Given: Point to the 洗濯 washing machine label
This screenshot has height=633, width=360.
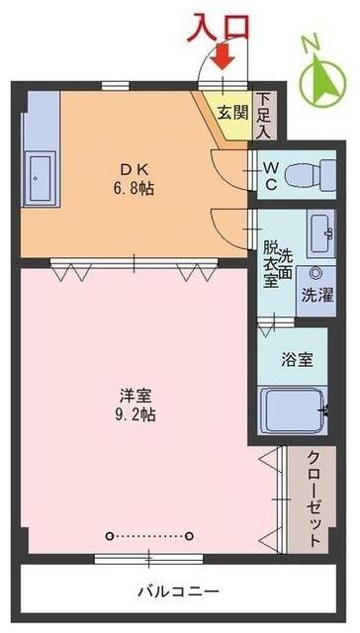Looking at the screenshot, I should click(x=317, y=294).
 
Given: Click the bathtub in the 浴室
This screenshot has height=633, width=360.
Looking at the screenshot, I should click(x=293, y=408).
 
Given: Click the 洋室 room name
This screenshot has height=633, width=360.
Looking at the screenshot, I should click(x=135, y=395).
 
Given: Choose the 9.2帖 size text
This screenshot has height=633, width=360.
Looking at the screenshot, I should click(x=135, y=415).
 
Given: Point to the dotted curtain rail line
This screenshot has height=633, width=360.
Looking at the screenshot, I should click(x=149, y=536).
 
